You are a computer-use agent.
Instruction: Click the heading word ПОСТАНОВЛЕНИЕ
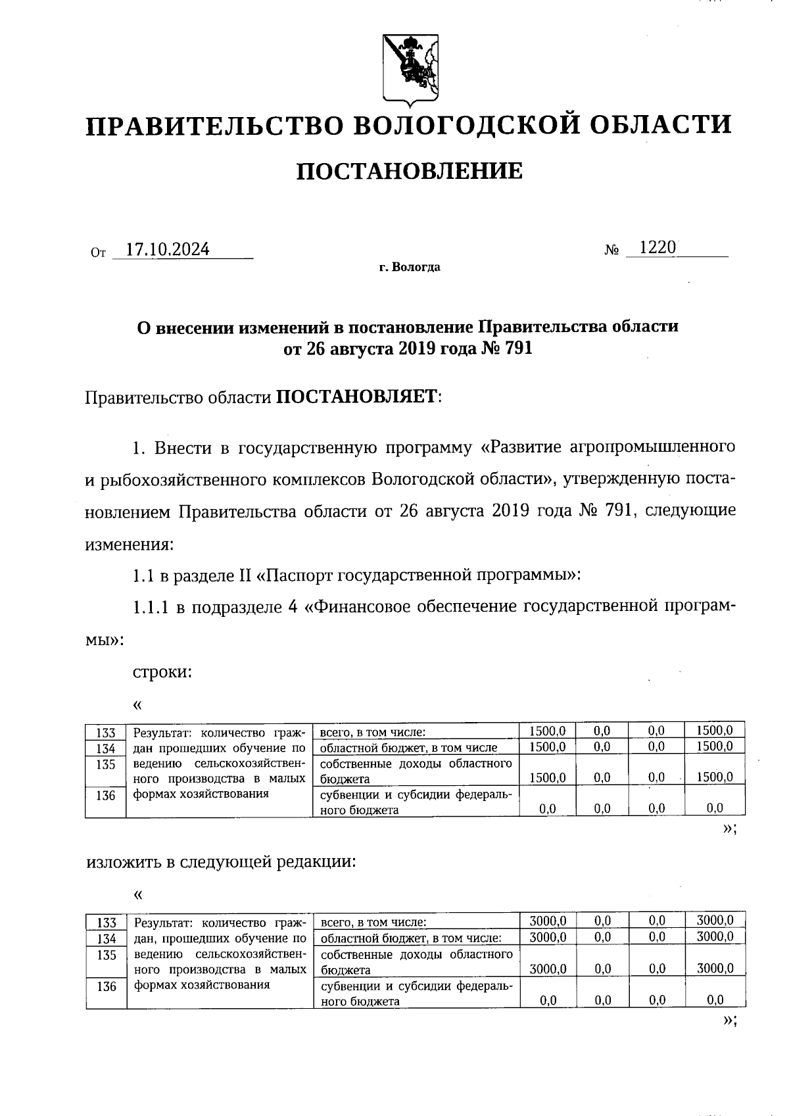pyautogui.click(x=410, y=171)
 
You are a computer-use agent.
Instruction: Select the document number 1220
pyautogui.click(x=657, y=248)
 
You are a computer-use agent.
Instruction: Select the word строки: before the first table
pyautogui.click(x=162, y=672)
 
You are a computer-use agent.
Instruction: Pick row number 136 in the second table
pyautogui.click(x=106, y=986)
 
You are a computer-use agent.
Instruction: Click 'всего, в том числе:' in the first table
pyautogui.click(x=373, y=732)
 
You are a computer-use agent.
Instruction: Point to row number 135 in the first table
pyautogui.click(x=105, y=765)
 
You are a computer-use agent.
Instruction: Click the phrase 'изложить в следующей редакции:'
pyautogui.click(x=221, y=862)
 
